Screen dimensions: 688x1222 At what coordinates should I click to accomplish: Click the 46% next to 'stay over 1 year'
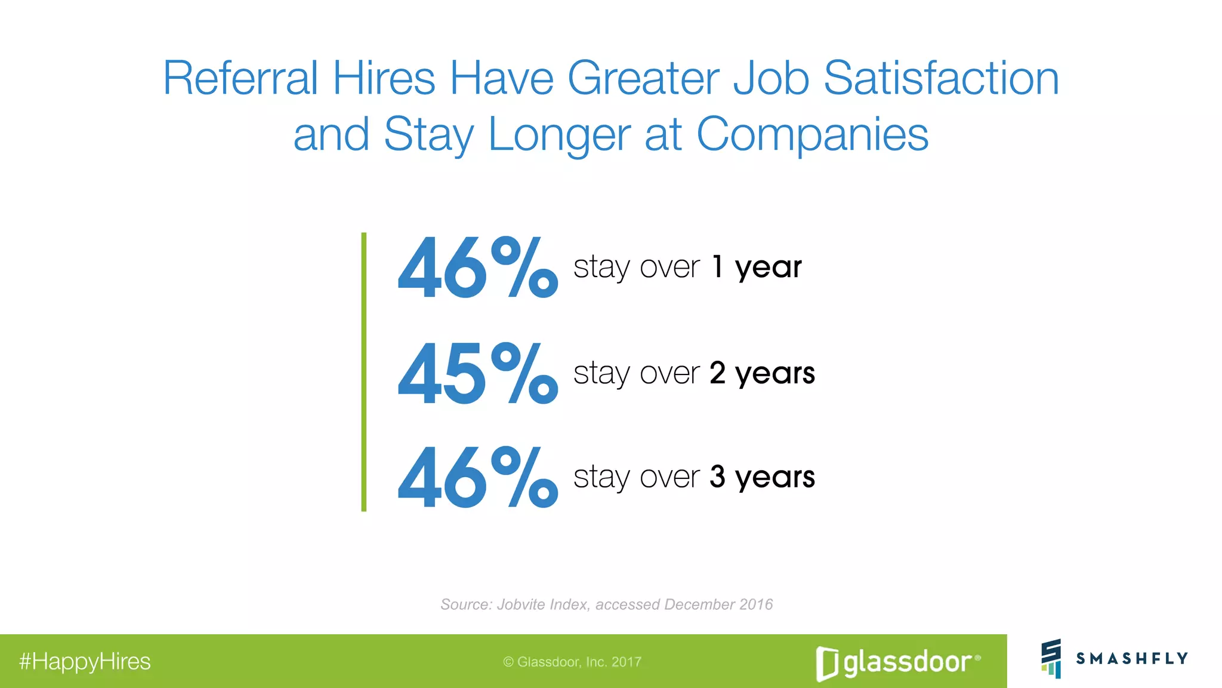click(x=477, y=267)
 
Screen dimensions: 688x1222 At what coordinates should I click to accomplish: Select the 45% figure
click(x=477, y=373)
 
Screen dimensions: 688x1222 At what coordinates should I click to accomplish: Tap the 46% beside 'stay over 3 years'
click(x=477, y=477)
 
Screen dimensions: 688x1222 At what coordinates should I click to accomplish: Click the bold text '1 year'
click(x=757, y=267)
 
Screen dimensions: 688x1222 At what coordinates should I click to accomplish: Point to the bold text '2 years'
click(x=762, y=373)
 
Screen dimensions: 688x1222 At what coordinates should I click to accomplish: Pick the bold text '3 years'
click(x=762, y=477)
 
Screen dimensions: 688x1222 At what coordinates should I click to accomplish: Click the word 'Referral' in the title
click(x=240, y=78)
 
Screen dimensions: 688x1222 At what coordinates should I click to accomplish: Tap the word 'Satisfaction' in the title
click(x=941, y=78)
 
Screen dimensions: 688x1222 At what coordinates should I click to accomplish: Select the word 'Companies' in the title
click(x=812, y=134)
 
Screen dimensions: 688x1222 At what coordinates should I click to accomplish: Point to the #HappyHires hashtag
click(x=85, y=662)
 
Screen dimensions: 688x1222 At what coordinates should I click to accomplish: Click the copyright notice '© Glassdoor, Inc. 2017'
click(x=572, y=662)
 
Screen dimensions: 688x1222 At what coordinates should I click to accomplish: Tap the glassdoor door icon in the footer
click(x=826, y=664)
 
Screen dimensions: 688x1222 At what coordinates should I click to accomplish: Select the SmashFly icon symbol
click(x=1051, y=658)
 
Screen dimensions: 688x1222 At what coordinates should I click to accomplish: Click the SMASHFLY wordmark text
click(x=1132, y=658)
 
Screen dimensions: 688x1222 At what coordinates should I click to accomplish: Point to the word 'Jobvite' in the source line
click(x=520, y=604)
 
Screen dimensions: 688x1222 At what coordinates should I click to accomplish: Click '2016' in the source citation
click(x=756, y=604)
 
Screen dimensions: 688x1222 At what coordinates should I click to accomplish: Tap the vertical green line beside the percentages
click(x=364, y=371)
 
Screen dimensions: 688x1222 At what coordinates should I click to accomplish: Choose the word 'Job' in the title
click(x=771, y=78)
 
